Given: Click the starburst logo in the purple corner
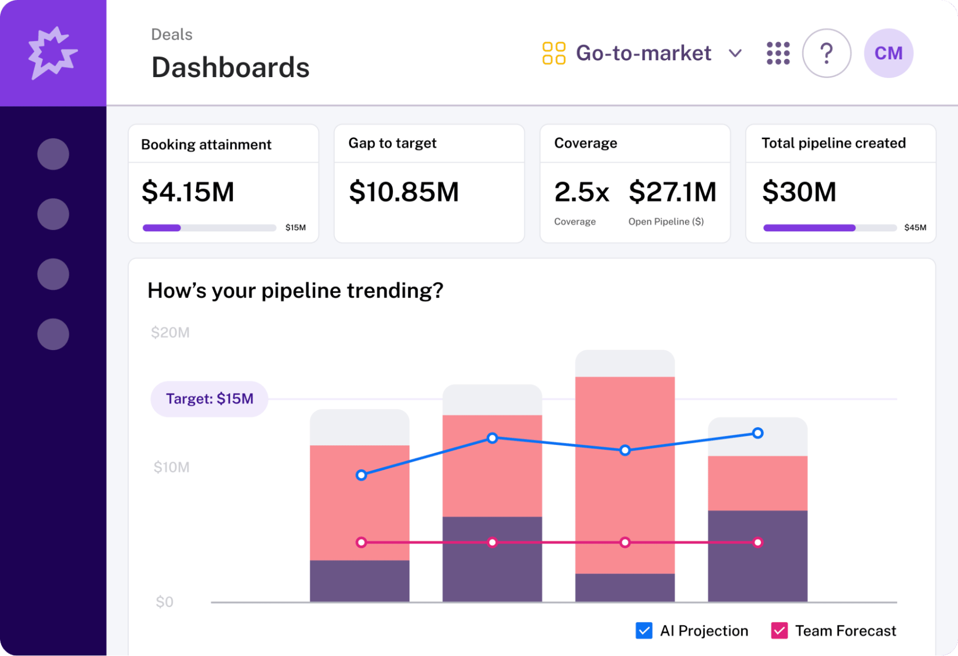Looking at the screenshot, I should coord(52,53).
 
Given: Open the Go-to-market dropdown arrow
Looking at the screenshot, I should coord(735,53).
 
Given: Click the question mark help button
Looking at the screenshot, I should coord(826,53).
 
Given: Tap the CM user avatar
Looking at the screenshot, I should coord(888,53).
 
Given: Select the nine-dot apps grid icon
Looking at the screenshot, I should coord(778,53).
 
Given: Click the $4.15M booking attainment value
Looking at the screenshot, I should coord(188,192).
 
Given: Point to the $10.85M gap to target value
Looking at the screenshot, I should coord(404,192).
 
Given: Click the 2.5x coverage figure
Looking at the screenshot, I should coord(581,192).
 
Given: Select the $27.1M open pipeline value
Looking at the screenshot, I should coord(672,192).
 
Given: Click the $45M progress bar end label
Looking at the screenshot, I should coord(915,227).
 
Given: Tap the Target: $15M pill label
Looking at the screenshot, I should coord(209,399).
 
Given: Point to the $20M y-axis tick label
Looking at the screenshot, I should coord(170,332).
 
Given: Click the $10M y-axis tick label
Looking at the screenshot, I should coord(171,467).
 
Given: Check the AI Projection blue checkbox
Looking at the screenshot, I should coord(644,631).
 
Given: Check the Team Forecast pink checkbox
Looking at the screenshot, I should coord(779,631).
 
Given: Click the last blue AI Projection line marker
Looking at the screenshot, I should coord(757,433).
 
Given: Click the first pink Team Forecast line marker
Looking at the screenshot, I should coord(361,543).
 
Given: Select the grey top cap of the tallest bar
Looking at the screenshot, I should coord(624,363).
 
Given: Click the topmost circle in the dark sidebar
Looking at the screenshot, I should coord(53,154).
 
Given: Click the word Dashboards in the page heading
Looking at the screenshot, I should coord(231,67).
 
